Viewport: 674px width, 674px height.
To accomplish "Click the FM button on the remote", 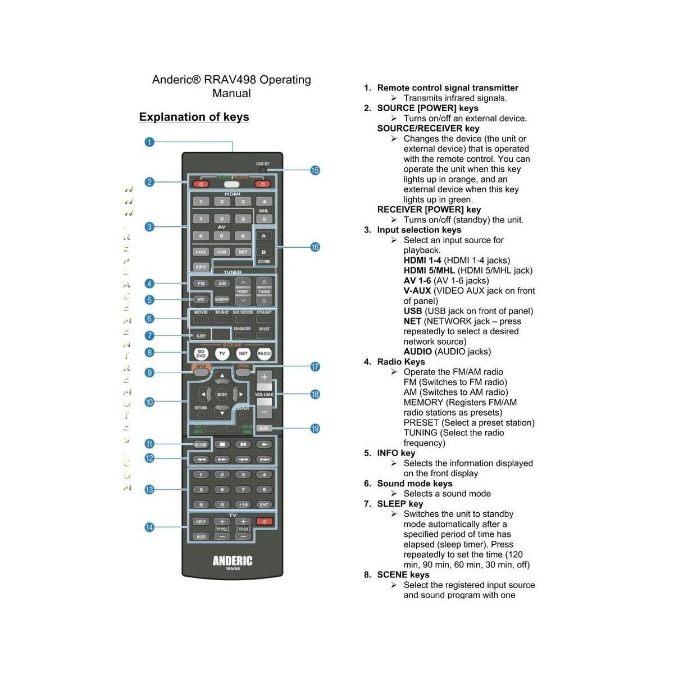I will [201, 284].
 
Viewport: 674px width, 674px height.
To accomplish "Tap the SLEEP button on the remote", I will [201, 336].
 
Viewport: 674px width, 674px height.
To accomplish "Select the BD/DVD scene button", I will [201, 353].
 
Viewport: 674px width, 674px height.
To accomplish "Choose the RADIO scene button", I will [264, 353].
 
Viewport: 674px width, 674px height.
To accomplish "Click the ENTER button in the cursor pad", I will [222, 394].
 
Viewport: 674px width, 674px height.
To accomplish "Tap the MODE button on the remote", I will [201, 444].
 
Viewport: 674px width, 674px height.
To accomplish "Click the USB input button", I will [222, 252].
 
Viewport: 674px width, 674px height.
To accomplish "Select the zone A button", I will [263, 236].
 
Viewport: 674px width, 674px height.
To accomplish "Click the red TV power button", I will [264, 522].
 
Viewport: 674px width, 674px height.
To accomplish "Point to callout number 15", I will [315, 170].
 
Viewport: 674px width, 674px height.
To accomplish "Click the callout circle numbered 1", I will [149, 142].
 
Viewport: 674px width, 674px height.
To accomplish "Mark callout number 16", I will [315, 247].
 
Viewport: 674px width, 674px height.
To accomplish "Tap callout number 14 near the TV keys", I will [149, 527].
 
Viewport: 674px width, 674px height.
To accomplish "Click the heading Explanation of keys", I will [194, 117].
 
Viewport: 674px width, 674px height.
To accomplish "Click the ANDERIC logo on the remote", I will [233, 561].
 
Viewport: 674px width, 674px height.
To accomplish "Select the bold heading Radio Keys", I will [400, 362].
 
